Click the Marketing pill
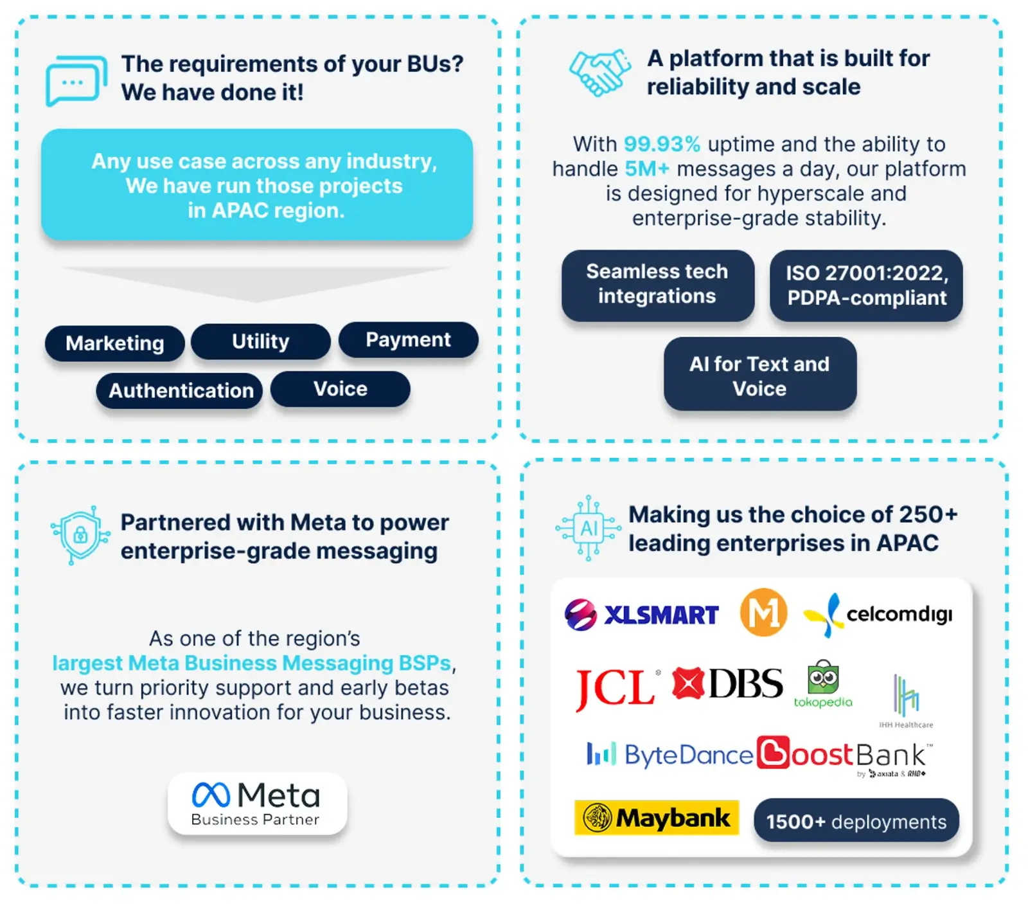tap(115, 343)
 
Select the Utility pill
tap(261, 341)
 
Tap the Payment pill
tap(409, 339)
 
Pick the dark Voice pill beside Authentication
tap(341, 389)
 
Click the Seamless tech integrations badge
tap(658, 285)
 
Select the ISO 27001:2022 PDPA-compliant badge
tap(866, 285)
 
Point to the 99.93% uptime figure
tap(662, 144)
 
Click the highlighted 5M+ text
tap(647, 168)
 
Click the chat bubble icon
tap(76, 81)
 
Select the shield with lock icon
tap(80, 535)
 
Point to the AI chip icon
tap(589, 529)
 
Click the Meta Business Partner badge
tap(257, 804)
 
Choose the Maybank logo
tap(657, 818)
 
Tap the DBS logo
tap(727, 683)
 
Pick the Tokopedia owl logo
tap(823, 683)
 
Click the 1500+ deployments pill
tap(856, 821)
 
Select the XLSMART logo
tap(641, 615)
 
